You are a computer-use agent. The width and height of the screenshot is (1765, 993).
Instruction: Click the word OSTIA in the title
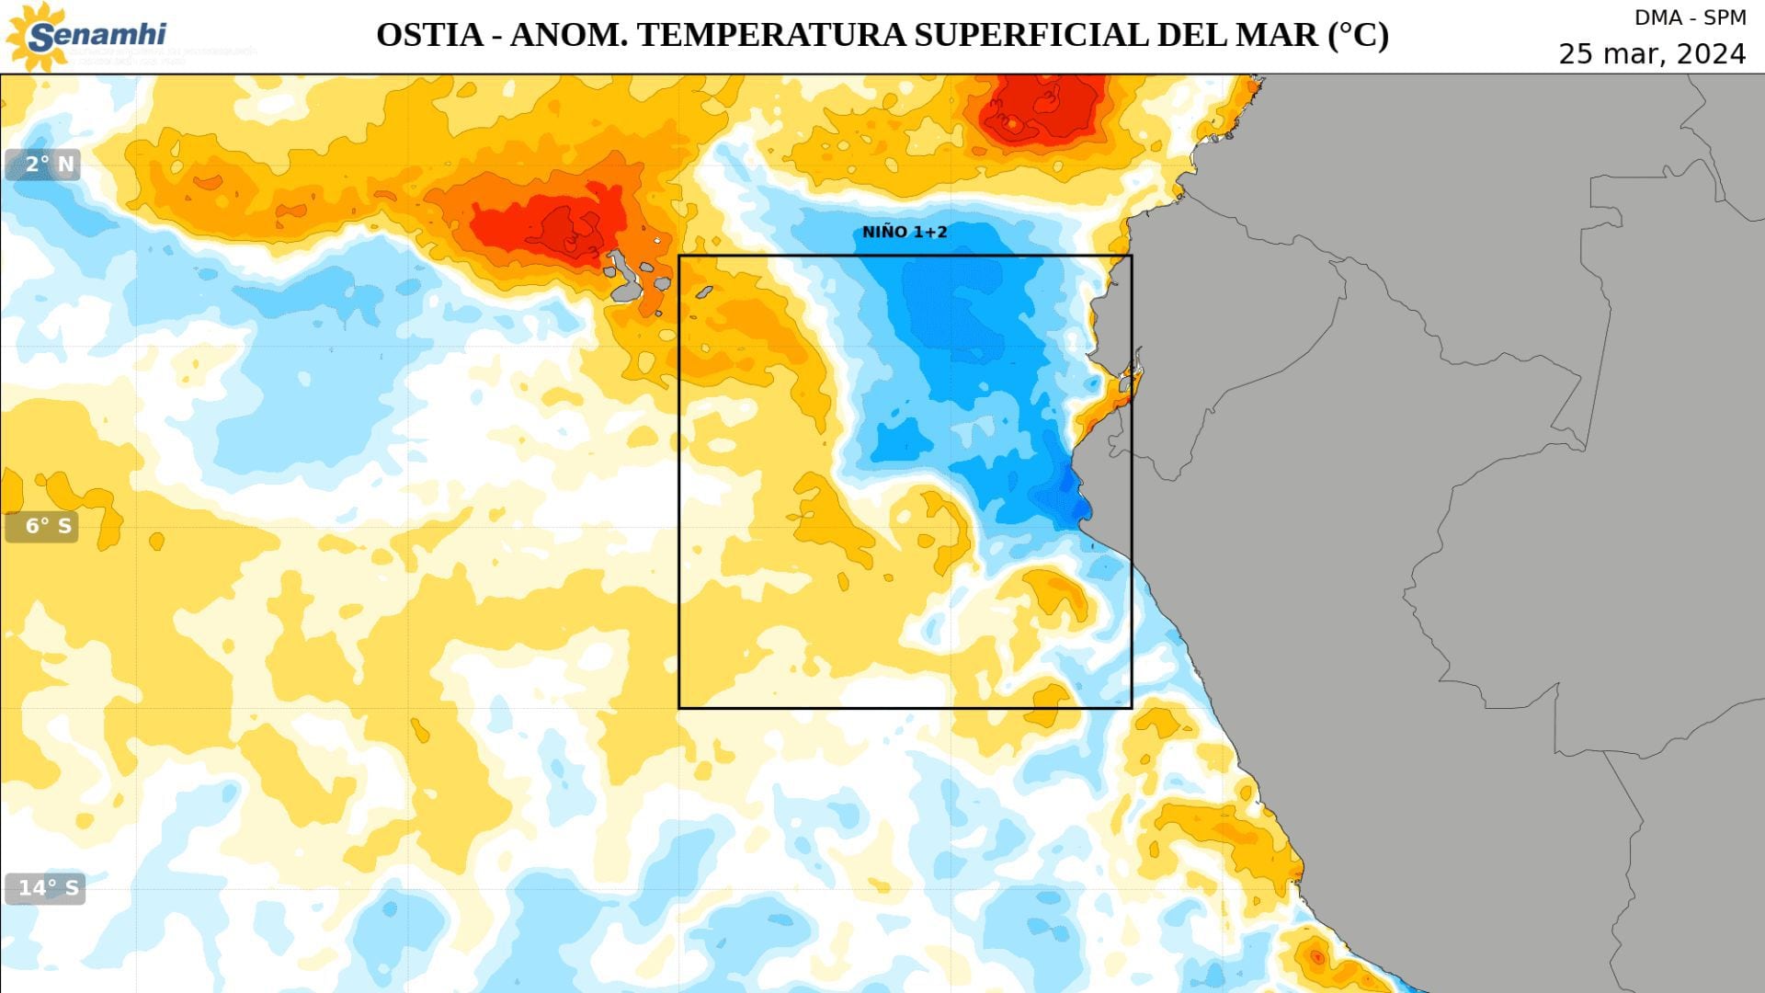coord(429,35)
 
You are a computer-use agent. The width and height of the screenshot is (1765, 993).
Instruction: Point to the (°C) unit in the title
coord(1358,35)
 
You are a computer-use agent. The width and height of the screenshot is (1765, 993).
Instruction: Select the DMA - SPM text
coord(1690,17)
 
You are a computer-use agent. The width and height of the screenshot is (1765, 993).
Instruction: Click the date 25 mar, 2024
coord(1652,54)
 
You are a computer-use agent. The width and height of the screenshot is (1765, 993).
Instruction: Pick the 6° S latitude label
coord(42,526)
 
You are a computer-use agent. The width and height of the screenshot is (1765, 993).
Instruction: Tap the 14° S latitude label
coord(45,888)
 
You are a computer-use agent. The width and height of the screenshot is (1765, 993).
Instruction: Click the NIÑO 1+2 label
coord(905,232)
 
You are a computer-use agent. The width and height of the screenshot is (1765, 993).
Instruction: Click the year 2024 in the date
coord(1711,54)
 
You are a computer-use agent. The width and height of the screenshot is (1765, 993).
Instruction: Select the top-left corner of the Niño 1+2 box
coord(679,256)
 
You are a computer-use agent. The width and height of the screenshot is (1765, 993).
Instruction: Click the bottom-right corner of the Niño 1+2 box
coord(1132,707)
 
